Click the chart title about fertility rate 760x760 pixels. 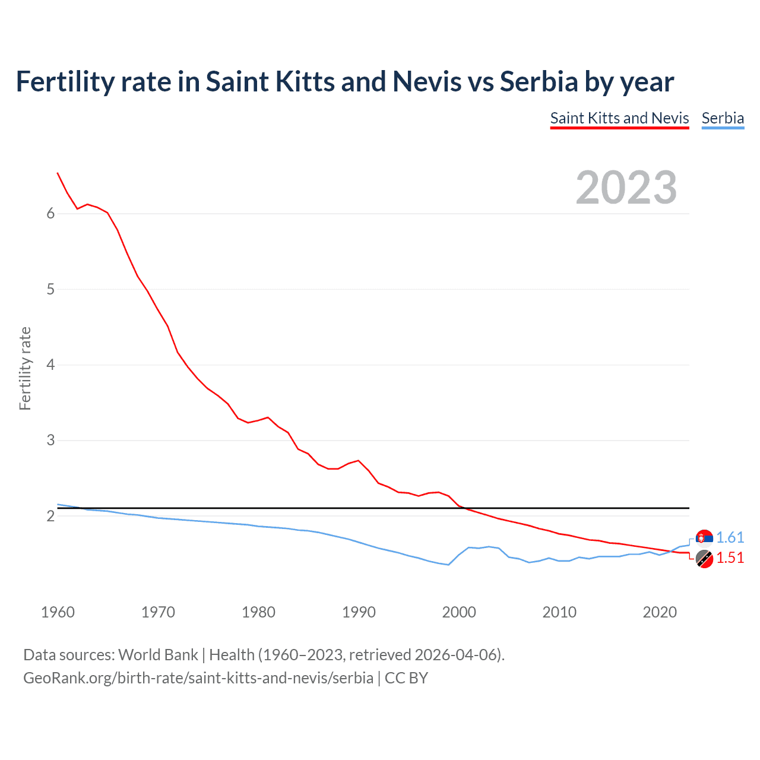(x=344, y=82)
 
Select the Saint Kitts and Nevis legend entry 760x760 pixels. (x=619, y=118)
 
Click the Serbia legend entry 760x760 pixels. (x=723, y=118)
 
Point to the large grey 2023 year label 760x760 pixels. (x=626, y=188)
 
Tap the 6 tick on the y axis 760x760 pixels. (x=50, y=214)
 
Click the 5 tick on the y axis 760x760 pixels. (x=50, y=289)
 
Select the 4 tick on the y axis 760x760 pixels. (x=50, y=365)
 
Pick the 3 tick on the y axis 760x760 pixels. (x=50, y=441)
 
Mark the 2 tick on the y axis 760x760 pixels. (x=50, y=516)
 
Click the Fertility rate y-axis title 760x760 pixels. (x=25, y=368)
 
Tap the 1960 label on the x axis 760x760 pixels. (x=58, y=612)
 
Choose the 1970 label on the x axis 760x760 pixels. (x=158, y=612)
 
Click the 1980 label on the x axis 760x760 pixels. (x=258, y=612)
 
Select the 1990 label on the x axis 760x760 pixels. (x=359, y=612)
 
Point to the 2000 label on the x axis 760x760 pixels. (x=459, y=612)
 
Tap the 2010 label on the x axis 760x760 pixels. (x=559, y=612)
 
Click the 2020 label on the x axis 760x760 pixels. (x=660, y=612)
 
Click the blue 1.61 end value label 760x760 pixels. (x=730, y=538)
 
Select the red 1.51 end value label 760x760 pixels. (x=730, y=558)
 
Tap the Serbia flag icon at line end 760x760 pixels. (x=704, y=538)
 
